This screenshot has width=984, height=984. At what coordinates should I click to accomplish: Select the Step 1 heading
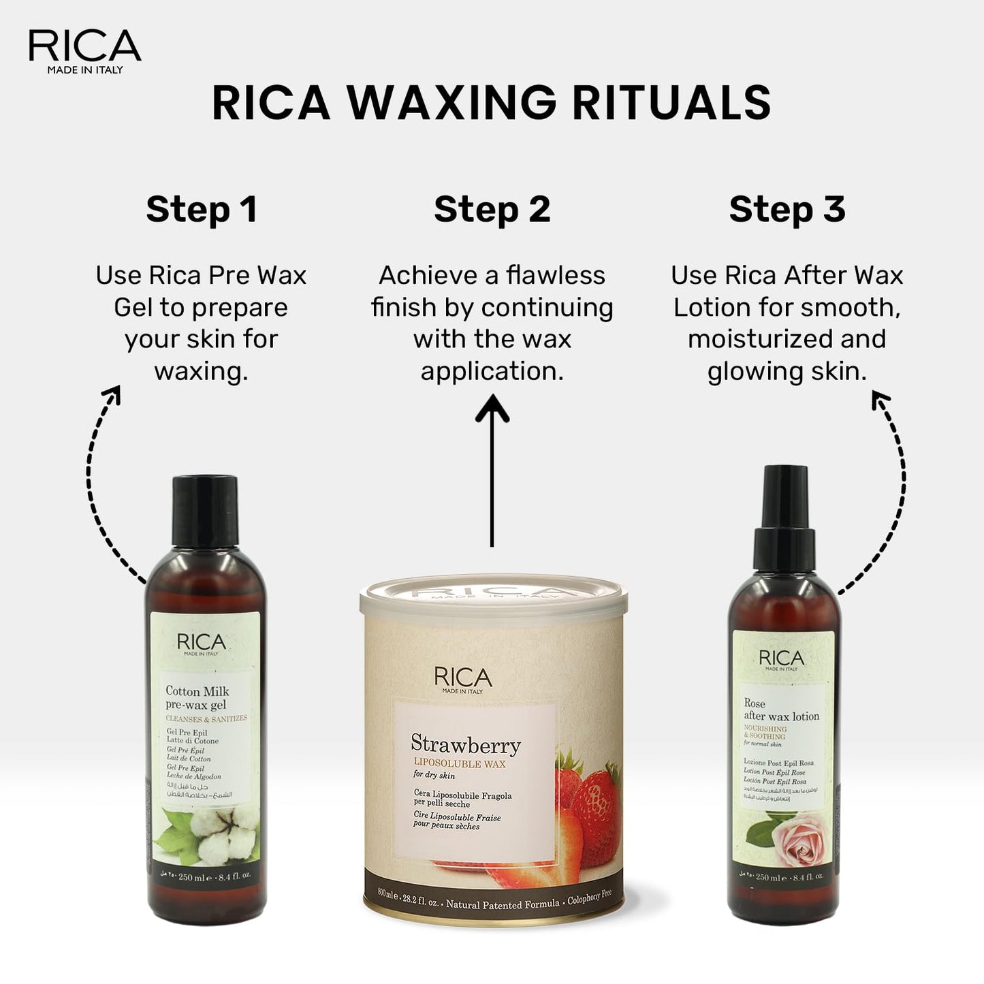pos(202,209)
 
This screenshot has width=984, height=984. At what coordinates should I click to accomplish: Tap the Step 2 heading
pos(492,209)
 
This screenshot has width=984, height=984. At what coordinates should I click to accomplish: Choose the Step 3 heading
pos(787,209)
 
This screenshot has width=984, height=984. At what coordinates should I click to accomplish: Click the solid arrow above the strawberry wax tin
pos(492,470)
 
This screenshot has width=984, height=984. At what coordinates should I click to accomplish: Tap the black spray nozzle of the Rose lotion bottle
pos(784,518)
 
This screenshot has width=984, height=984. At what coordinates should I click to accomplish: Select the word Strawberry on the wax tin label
pos(466,744)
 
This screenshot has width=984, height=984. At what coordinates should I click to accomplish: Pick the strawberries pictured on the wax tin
pos(582,804)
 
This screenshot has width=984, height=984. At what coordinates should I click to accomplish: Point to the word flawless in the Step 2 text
pos(556,276)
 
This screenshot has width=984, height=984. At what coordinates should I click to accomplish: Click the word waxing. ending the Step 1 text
pos(201,372)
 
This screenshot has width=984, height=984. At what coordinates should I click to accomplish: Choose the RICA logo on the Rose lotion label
pos(781,658)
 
